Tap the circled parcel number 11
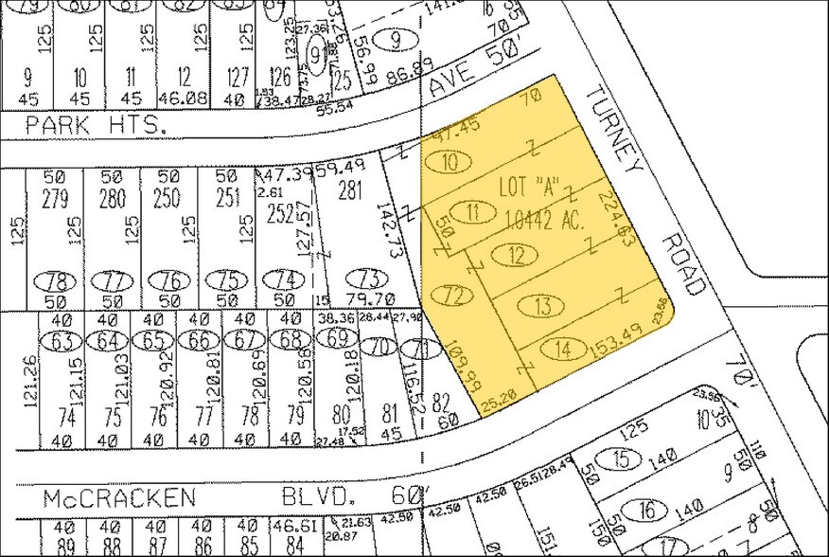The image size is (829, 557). click(x=473, y=212)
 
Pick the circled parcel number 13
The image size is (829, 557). click(x=541, y=306)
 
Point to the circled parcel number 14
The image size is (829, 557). click(x=564, y=350)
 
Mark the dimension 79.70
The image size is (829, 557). click(x=363, y=300)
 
